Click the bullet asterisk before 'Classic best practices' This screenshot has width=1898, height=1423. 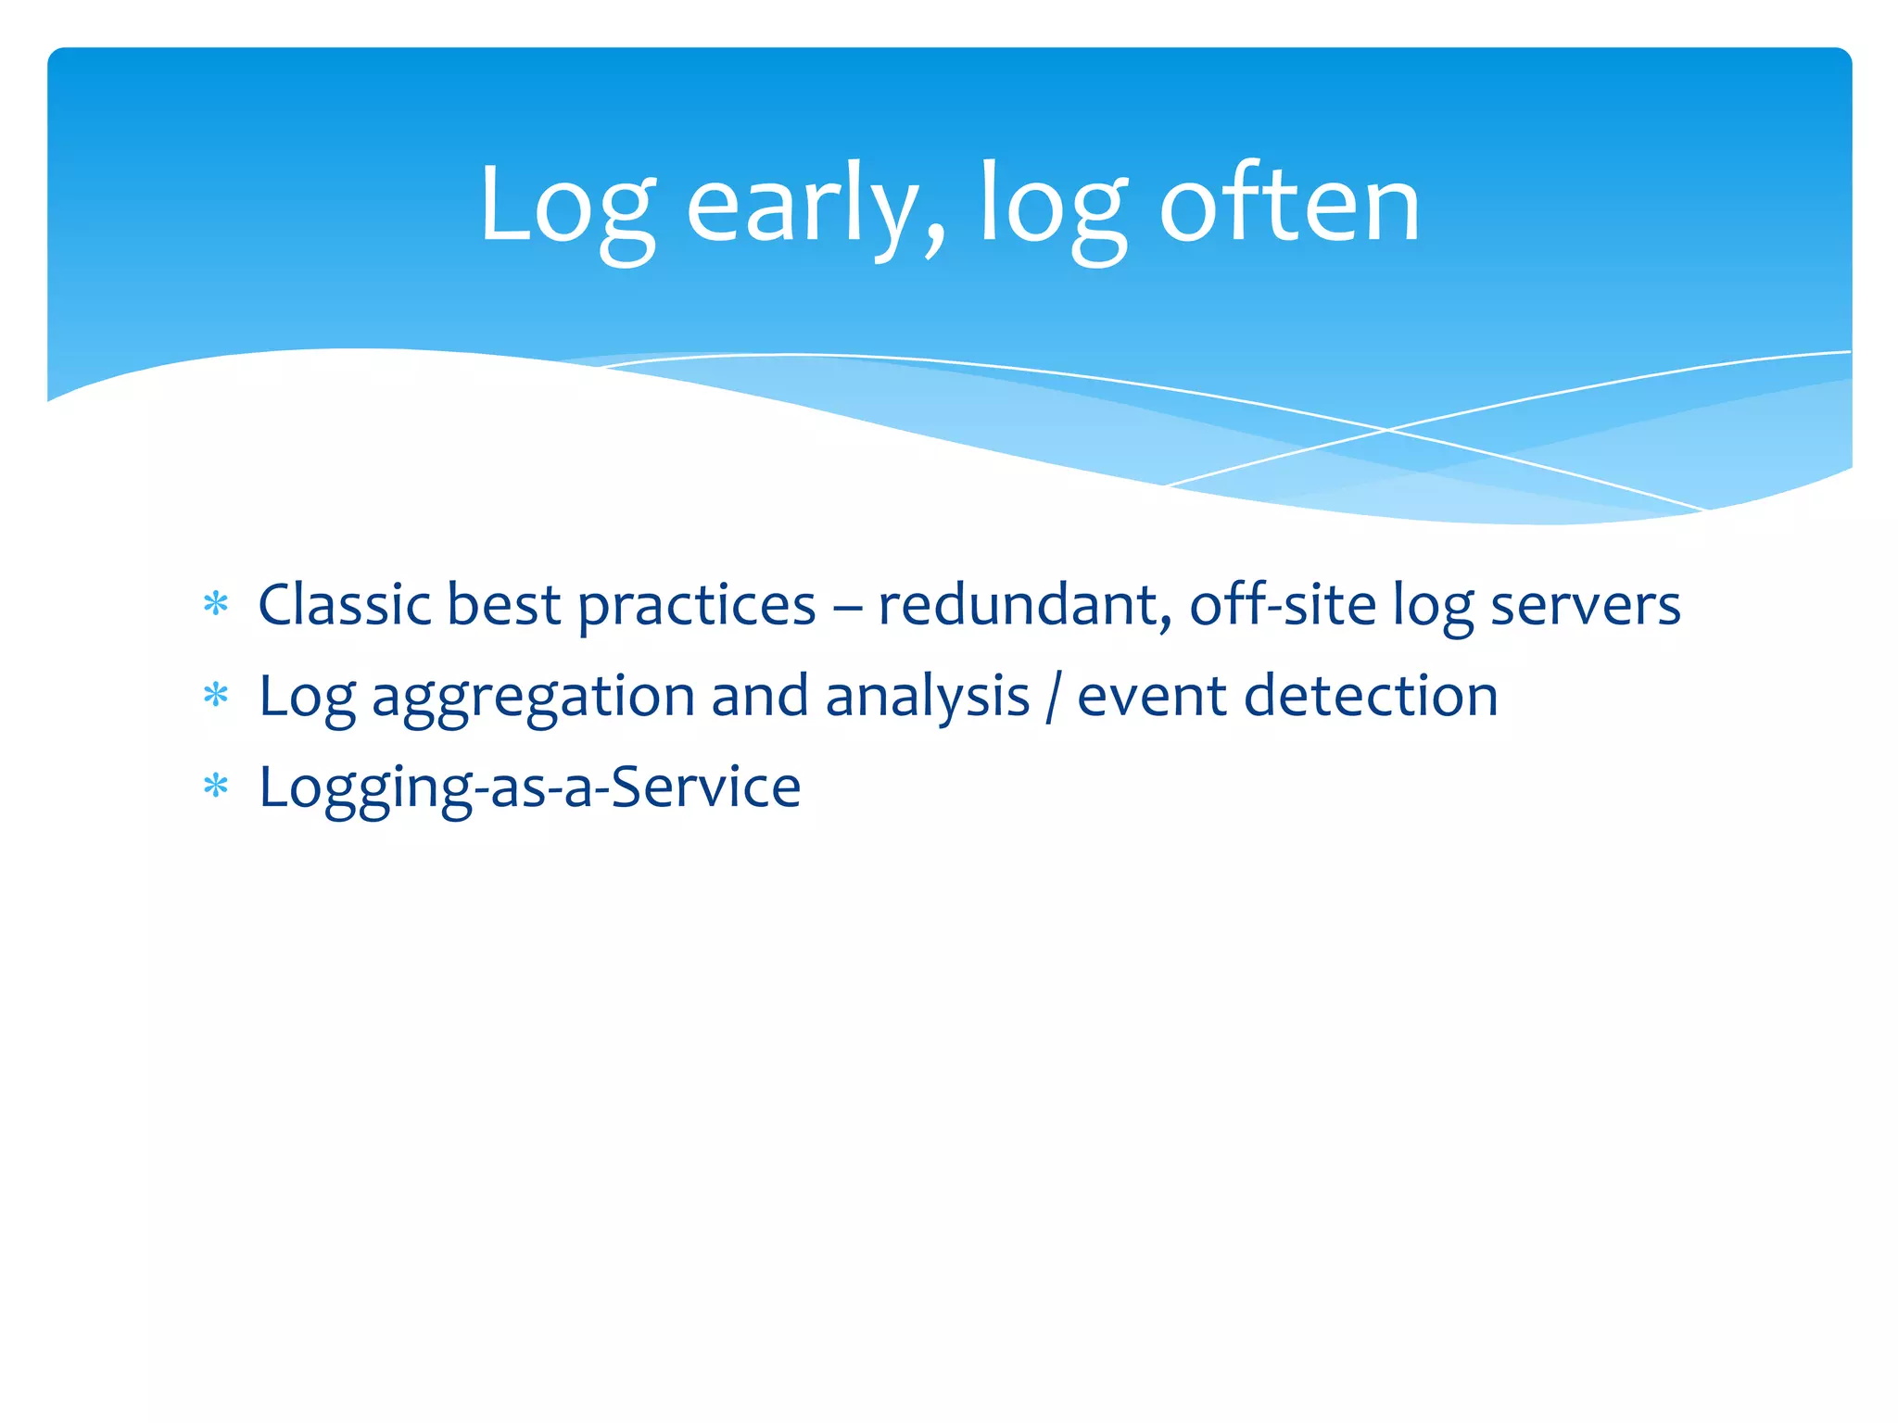pos(216,605)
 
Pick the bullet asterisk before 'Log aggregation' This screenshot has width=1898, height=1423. pos(216,696)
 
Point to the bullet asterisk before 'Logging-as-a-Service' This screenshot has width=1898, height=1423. pos(216,787)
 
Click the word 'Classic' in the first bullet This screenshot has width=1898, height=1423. pos(345,605)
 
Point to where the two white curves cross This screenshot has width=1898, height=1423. pos(1387,430)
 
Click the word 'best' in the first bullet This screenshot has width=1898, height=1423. pos(503,605)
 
